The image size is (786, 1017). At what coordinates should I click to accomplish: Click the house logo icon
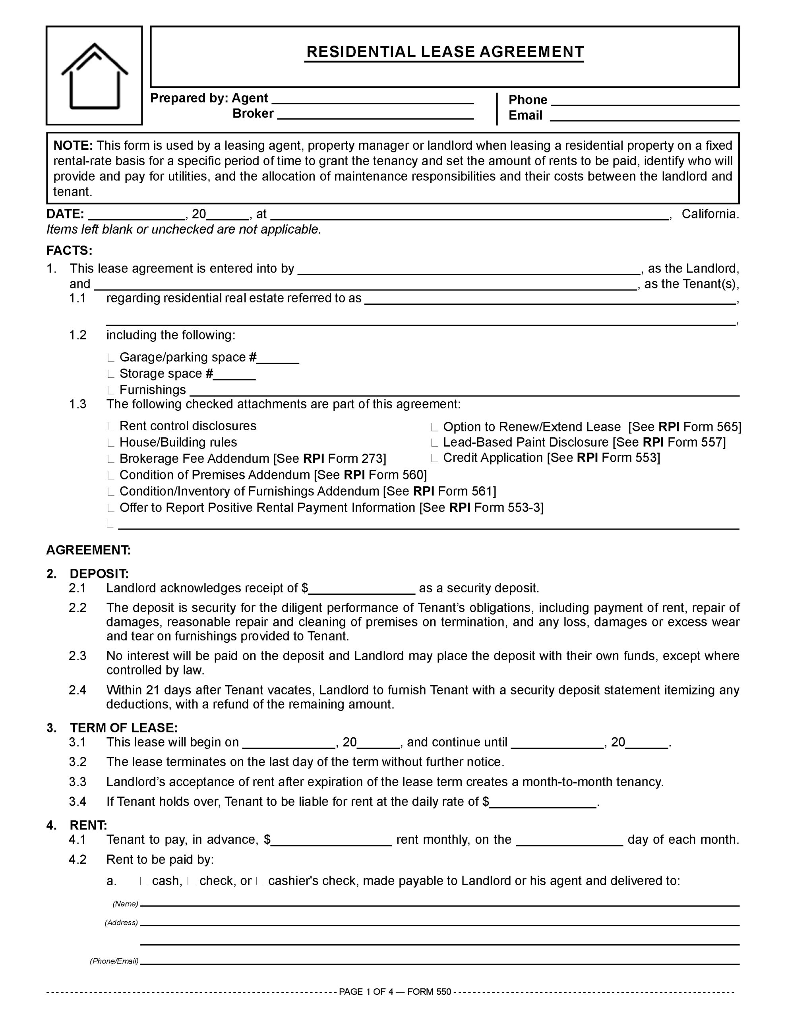[94, 76]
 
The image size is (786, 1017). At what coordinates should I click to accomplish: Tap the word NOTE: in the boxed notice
[73, 146]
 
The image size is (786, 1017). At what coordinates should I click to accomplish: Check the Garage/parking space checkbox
[110, 358]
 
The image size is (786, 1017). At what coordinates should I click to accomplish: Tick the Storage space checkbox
[110, 374]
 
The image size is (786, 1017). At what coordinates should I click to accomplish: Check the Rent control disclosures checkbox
[110, 427]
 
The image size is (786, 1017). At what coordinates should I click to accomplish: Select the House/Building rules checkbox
[110, 443]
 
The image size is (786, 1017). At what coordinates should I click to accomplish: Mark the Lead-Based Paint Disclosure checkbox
[434, 443]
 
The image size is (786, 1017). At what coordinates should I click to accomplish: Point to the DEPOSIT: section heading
[99, 574]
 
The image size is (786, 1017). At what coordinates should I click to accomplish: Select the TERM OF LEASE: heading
[124, 728]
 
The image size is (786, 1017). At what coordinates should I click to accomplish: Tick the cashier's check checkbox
[259, 882]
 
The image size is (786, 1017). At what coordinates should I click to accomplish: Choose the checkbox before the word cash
[143, 882]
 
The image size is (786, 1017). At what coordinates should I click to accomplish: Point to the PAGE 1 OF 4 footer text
[395, 992]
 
